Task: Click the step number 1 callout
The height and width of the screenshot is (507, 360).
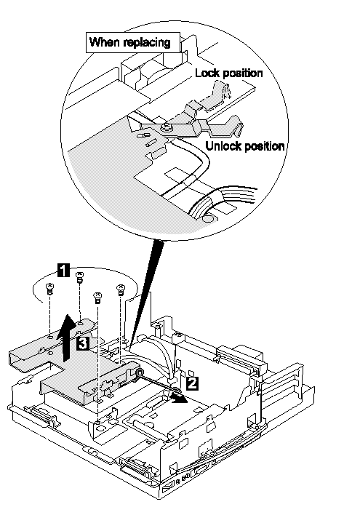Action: pos(63,270)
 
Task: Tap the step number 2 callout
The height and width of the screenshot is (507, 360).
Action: pos(192,383)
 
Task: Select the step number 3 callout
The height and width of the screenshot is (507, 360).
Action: pos(83,343)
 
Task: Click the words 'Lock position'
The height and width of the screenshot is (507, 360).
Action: pos(229,73)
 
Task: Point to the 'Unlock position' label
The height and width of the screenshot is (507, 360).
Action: pos(245,146)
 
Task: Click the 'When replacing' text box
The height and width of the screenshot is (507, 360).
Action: pos(133,42)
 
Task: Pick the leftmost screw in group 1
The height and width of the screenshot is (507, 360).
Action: pos(49,289)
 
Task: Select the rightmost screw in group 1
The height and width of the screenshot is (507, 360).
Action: pos(120,290)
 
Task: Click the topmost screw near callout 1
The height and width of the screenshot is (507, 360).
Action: pos(79,278)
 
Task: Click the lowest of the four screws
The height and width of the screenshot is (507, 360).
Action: pos(97,298)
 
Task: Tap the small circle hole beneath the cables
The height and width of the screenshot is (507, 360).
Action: pos(207,219)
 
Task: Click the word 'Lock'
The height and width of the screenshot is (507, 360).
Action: pos(207,73)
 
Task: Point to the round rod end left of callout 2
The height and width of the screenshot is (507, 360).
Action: pos(140,373)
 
